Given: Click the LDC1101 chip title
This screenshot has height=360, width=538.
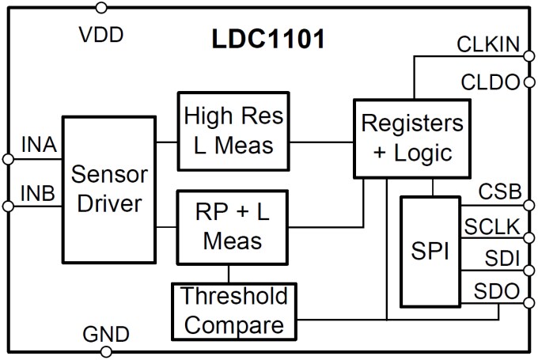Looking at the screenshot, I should pyautogui.click(x=267, y=40).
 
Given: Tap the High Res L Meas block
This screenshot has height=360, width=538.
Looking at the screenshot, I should pyautogui.click(x=233, y=131).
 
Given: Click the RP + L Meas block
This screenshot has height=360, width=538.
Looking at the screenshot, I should pyautogui.click(x=233, y=226).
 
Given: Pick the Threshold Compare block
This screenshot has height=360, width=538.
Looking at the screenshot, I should pyautogui.click(x=233, y=311).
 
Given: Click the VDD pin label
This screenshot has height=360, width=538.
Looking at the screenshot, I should pyautogui.click(x=104, y=36).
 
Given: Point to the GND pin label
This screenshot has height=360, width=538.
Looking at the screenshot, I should pyautogui.click(x=105, y=334).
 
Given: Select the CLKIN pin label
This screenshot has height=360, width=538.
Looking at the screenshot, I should pyautogui.click(x=487, y=44).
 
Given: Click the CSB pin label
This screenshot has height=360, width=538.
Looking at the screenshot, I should pyautogui.click(x=498, y=192).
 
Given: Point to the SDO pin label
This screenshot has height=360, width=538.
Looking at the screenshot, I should pyautogui.click(x=498, y=291).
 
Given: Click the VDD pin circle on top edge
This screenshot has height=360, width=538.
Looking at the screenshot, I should pyautogui.click(x=100, y=8).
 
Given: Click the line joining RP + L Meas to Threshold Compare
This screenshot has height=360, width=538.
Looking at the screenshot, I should pyautogui.click(x=229, y=274).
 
